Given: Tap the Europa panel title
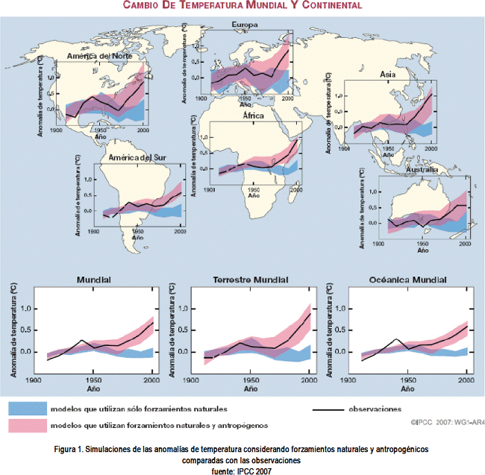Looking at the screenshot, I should [x=245, y=25].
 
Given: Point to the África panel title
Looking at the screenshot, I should [x=253, y=116].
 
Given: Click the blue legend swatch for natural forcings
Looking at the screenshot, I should [x=27, y=409].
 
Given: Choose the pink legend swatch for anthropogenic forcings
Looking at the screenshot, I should [x=27, y=424].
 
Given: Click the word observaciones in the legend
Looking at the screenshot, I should [x=376, y=409].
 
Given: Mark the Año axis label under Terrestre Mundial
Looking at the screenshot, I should [x=248, y=389].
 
